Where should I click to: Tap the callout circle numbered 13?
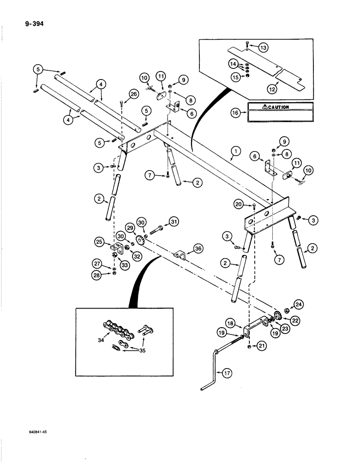coord(262,48)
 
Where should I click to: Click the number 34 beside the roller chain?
coord(101,341)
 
